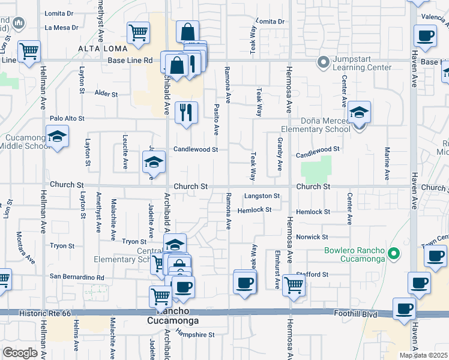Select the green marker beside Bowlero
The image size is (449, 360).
tap(394, 254)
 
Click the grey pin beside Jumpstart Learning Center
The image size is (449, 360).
tap(324, 62)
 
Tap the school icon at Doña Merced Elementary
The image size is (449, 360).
tap(359, 113)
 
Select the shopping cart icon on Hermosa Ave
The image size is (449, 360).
tap(293, 285)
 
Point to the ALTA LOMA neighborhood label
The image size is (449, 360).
tap(102, 48)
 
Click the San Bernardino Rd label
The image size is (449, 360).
tap(77, 277)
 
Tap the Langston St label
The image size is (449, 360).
tap(262, 196)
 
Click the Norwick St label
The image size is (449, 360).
tap(312, 237)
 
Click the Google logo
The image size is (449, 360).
tap(20, 353)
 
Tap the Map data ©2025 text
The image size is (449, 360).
tap(424, 355)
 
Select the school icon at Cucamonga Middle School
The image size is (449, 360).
tap(58, 137)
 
